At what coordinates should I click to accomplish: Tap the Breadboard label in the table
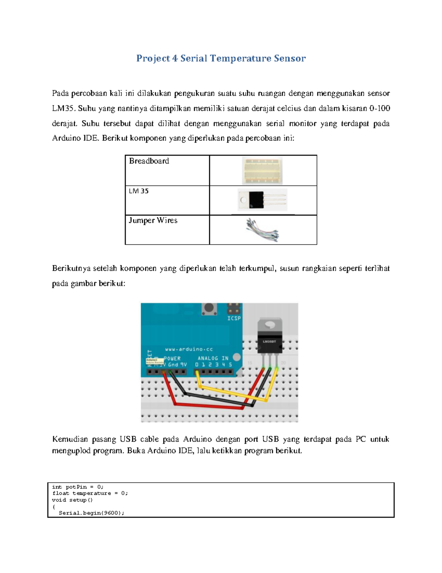click(149, 161)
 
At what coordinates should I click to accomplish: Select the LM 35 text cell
click(138, 191)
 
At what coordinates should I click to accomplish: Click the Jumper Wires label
click(153, 220)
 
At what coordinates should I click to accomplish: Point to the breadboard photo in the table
click(263, 171)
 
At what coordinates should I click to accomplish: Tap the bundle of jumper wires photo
click(262, 230)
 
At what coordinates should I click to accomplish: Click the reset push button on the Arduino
click(209, 308)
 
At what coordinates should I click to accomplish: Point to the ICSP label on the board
click(234, 318)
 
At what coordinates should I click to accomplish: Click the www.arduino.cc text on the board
click(189, 349)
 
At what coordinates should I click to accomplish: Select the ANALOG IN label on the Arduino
click(213, 358)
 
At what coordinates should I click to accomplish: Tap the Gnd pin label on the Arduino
click(173, 365)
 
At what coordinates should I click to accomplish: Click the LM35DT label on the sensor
click(269, 341)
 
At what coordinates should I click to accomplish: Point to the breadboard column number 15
click(250, 363)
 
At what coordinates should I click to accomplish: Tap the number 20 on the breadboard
click(283, 363)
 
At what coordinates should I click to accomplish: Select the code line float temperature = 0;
click(90, 493)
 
